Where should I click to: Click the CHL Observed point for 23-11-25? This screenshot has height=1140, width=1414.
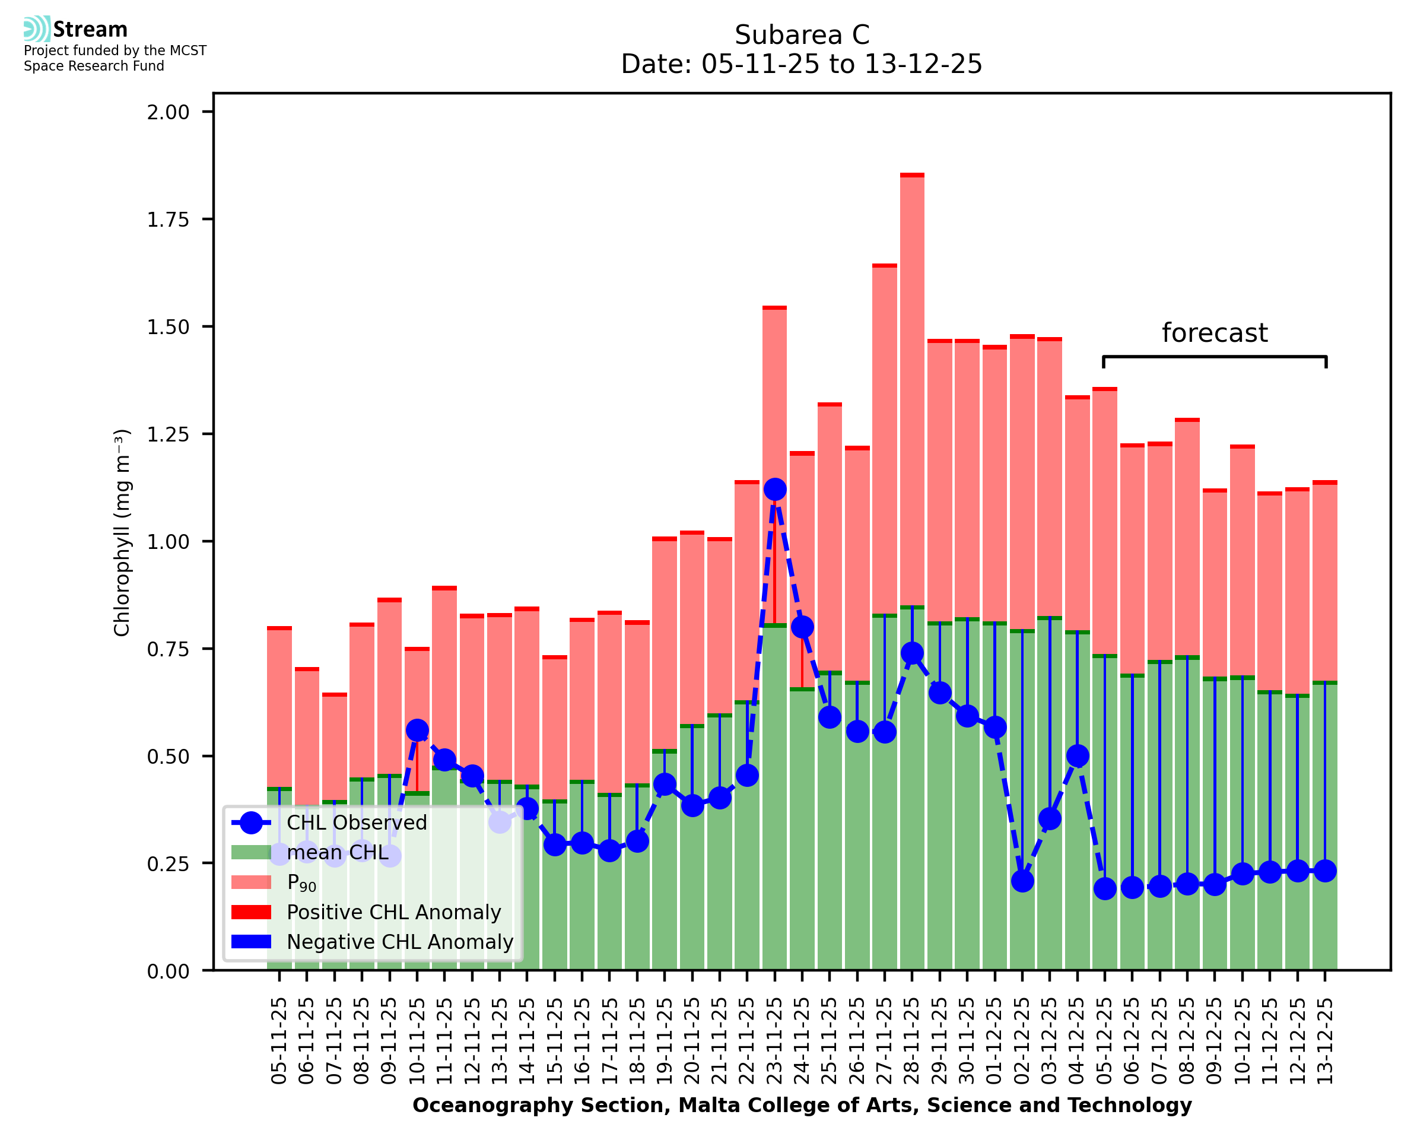tap(774, 489)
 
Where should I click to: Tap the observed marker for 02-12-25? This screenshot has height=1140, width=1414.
tap(1022, 881)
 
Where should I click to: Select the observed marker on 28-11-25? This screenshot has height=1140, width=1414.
tap(912, 653)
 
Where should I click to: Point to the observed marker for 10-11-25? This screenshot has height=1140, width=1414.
tap(418, 731)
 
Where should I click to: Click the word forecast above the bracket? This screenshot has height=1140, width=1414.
tap(1215, 333)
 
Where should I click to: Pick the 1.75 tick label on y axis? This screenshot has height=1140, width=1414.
tap(168, 220)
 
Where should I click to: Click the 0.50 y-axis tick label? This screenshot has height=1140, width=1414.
tap(168, 757)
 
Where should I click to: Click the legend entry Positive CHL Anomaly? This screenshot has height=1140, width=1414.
tap(393, 912)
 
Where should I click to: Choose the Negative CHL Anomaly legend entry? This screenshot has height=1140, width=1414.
tap(399, 942)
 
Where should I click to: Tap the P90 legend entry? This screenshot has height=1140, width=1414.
tap(301, 882)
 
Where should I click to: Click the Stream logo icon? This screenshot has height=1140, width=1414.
tap(37, 29)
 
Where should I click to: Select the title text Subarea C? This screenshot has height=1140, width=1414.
tap(802, 35)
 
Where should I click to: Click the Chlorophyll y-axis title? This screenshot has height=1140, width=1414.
tap(122, 532)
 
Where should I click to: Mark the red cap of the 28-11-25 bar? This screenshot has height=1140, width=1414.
tap(912, 175)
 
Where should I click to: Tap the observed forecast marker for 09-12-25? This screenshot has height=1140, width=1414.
tap(1215, 885)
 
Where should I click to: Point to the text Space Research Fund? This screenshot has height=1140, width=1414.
tap(94, 66)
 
